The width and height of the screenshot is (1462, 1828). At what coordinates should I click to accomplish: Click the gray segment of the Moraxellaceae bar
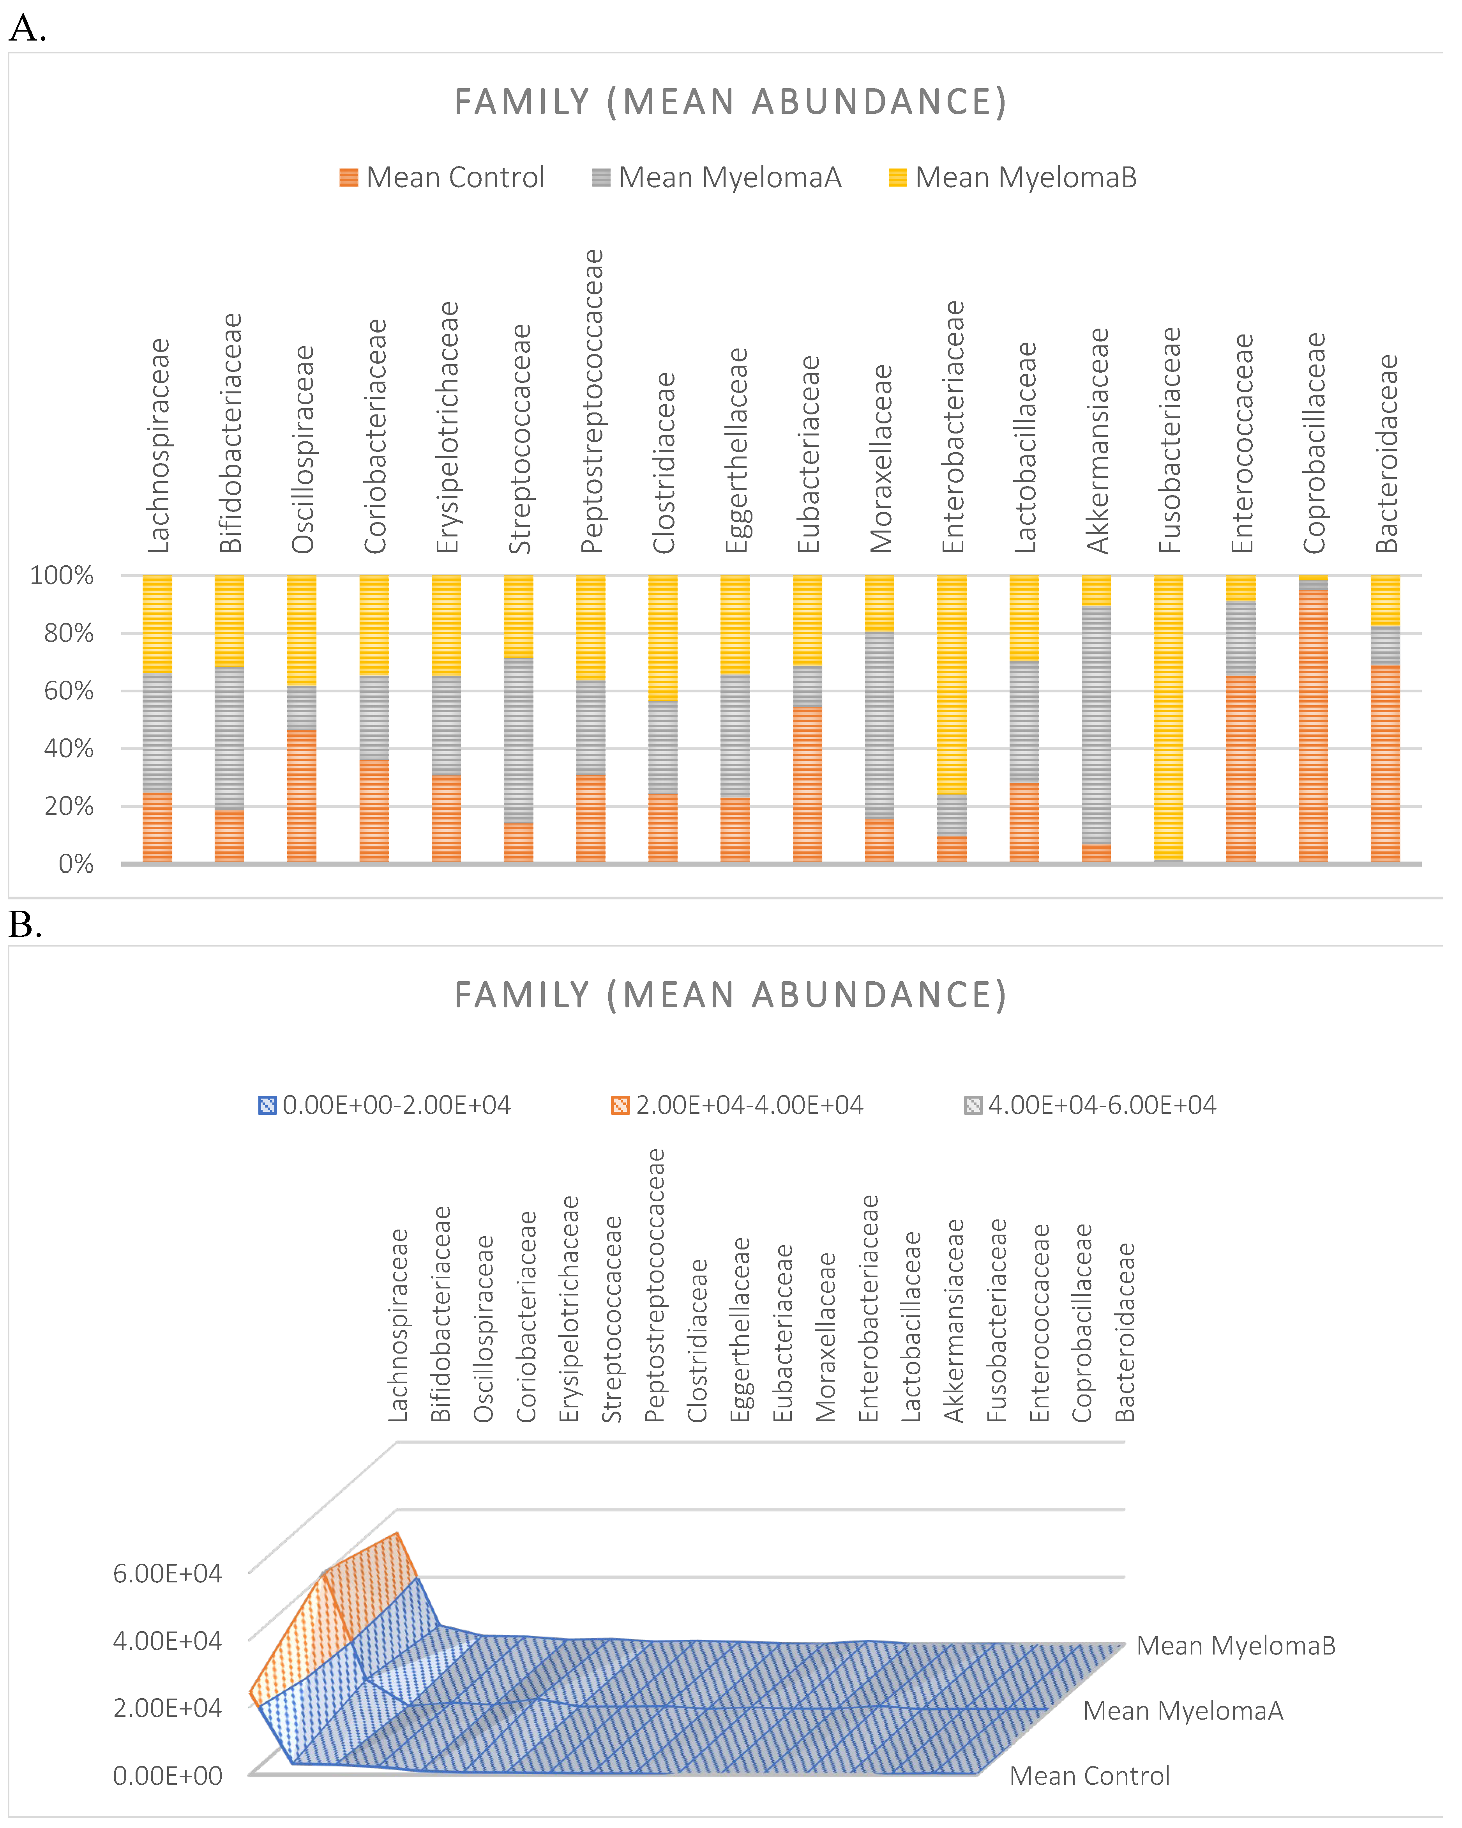(880, 725)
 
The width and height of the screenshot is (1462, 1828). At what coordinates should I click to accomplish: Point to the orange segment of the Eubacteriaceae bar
(808, 784)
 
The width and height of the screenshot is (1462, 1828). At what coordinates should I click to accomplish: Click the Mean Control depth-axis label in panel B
(1089, 1776)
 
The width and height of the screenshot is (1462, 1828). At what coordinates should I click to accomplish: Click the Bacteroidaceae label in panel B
(1125, 1333)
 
